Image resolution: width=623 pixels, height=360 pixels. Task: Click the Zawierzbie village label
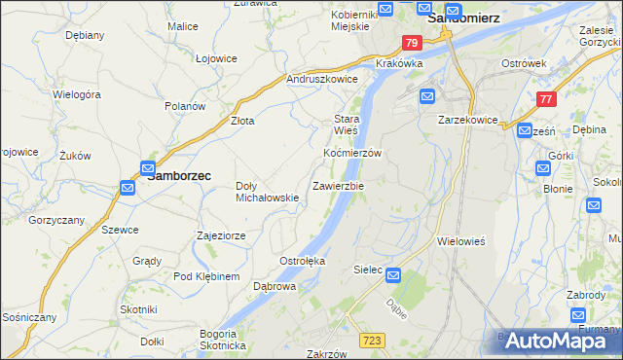click(338, 186)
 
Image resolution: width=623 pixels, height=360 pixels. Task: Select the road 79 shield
click(412, 43)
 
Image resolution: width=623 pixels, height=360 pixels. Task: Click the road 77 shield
click(546, 98)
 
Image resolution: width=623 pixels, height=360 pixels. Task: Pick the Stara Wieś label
click(347, 124)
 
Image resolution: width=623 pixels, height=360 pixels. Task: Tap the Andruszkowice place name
click(322, 80)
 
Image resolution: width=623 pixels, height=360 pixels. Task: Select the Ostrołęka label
click(302, 261)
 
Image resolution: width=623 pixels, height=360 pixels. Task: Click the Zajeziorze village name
click(227, 235)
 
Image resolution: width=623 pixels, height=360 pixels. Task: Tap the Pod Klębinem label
click(205, 277)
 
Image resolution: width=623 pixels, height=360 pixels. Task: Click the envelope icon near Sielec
click(394, 275)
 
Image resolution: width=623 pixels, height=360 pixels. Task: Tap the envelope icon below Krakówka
click(428, 96)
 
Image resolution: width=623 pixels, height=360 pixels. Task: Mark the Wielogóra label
click(78, 95)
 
